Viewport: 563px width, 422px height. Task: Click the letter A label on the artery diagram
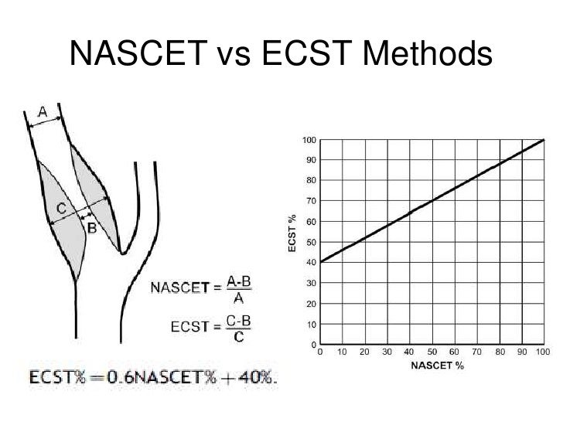coord(44,113)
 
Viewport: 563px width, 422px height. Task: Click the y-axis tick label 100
coord(309,140)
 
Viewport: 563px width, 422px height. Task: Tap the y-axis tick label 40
coord(311,262)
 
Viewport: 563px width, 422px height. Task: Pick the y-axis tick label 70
coord(311,201)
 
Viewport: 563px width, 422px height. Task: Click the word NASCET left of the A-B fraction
coord(179,288)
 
